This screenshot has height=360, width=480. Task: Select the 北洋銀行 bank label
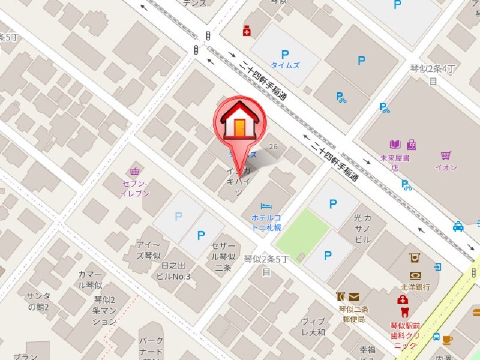415,287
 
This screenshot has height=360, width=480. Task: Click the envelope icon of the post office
353,296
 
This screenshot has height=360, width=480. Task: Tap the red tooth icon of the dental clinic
403,312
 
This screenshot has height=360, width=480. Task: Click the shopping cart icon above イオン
445,155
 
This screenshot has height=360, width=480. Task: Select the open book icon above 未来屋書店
395,145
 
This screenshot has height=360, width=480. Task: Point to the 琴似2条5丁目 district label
266,265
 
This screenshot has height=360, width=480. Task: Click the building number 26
274,147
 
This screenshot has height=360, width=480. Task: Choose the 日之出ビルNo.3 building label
172,271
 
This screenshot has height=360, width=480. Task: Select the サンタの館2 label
38,302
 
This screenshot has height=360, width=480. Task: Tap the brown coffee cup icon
447,340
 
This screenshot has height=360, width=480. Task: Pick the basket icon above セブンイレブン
134,171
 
